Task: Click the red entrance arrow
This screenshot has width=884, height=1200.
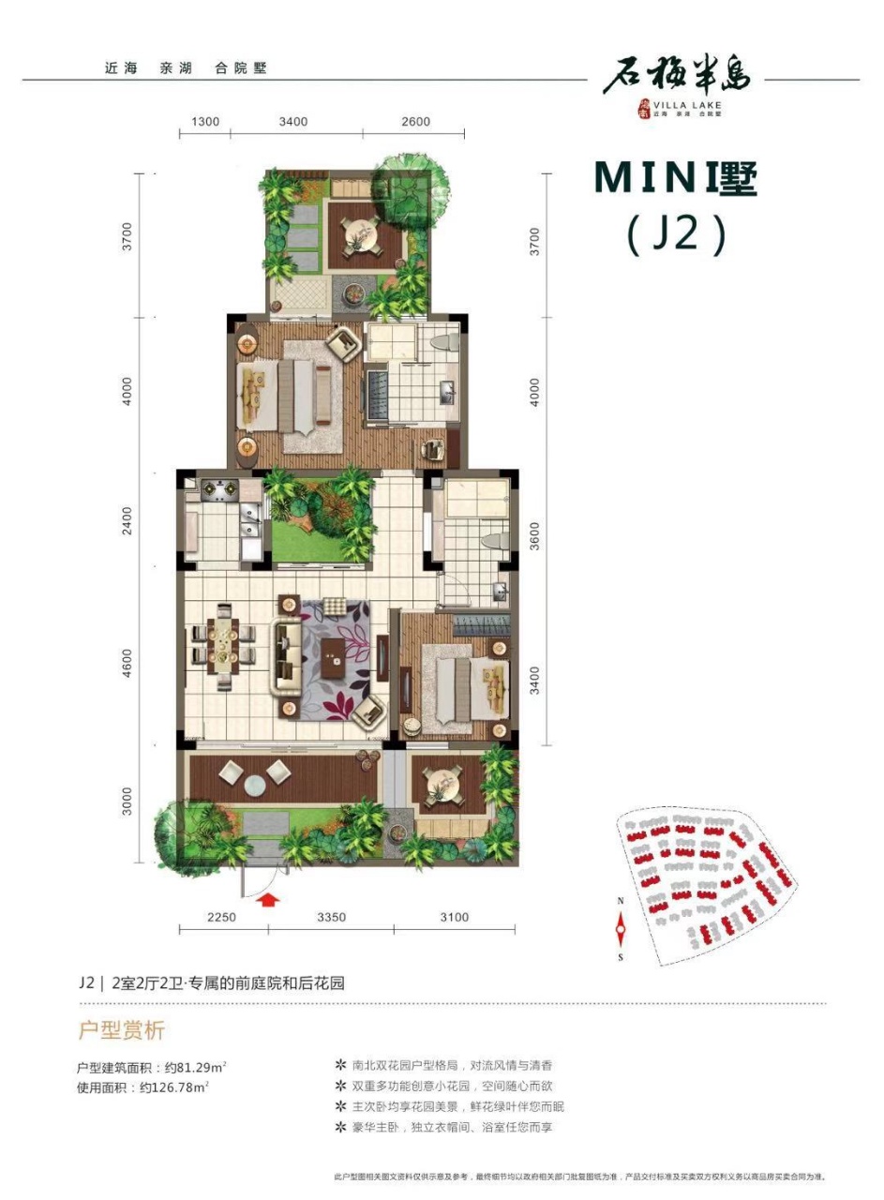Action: (x=268, y=901)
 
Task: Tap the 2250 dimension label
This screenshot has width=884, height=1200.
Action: (x=221, y=918)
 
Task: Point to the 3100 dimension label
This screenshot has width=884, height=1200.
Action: (x=453, y=918)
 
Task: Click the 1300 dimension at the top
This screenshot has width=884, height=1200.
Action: (x=203, y=122)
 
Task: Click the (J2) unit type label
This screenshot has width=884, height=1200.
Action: (x=675, y=235)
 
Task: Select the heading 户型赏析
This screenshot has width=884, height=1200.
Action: (x=120, y=1031)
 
